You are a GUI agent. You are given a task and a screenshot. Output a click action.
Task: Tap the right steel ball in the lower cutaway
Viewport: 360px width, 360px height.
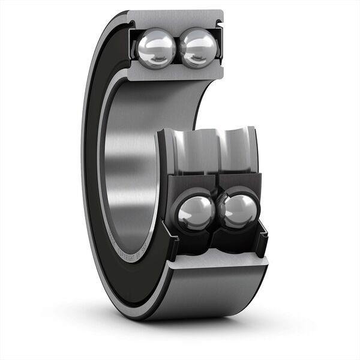(x=239, y=211)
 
